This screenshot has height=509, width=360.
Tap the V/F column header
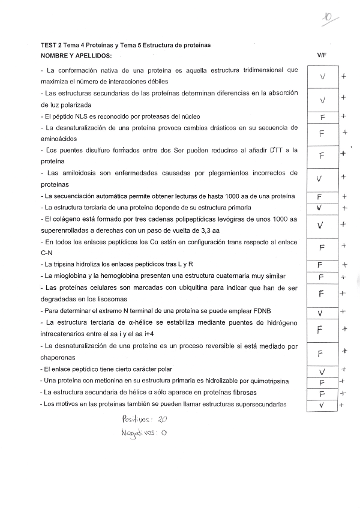click(x=322, y=55)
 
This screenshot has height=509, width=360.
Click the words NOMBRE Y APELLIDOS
click(x=76, y=55)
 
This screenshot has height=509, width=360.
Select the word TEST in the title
click(x=48, y=45)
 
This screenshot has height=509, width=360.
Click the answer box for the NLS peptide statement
click(x=322, y=116)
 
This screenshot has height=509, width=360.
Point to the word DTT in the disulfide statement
click(x=277, y=150)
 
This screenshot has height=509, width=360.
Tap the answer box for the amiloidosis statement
click(x=322, y=178)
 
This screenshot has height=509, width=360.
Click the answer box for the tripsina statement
click(x=322, y=265)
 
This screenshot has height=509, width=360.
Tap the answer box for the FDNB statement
click(x=322, y=312)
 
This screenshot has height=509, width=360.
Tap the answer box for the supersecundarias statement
click(x=322, y=405)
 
